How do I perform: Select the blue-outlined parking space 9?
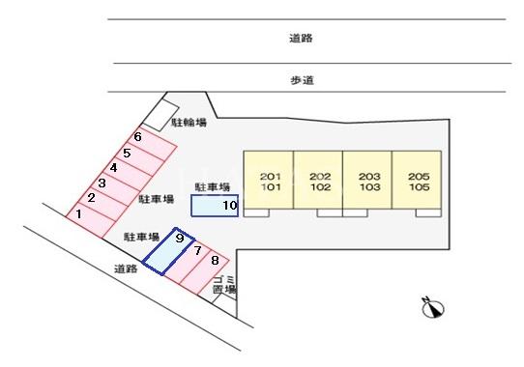click(170, 250)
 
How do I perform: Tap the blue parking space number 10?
click(214, 206)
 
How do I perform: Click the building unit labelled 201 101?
click(269, 182)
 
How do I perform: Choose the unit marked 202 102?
click(319, 182)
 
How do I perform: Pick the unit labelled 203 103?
click(368, 182)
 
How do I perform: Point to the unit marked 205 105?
click(418, 182)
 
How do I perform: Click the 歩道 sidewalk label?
click(301, 80)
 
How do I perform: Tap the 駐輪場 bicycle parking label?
click(189, 123)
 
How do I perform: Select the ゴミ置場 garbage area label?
click(224, 284)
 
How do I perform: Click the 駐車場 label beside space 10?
click(212, 186)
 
